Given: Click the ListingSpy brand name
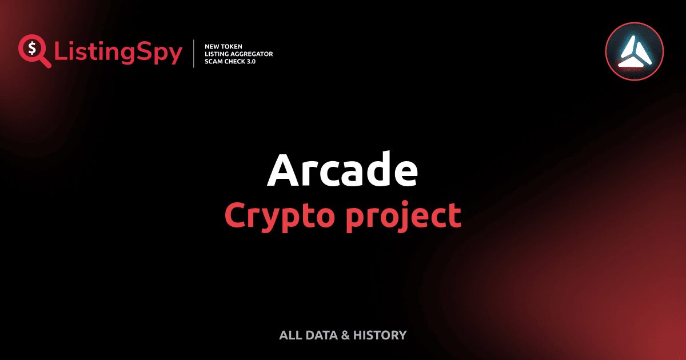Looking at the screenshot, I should coord(118,53).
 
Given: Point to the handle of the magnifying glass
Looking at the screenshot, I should coord(45,62).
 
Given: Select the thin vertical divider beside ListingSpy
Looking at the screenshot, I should coord(194,54).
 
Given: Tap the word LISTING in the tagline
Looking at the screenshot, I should coord(218,54).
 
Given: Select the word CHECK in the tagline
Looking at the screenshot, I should coord(238,62).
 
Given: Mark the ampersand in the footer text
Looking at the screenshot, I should coord(345,335).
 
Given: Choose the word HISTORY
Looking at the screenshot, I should coord(380,335).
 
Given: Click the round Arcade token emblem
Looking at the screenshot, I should coord(634,51).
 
